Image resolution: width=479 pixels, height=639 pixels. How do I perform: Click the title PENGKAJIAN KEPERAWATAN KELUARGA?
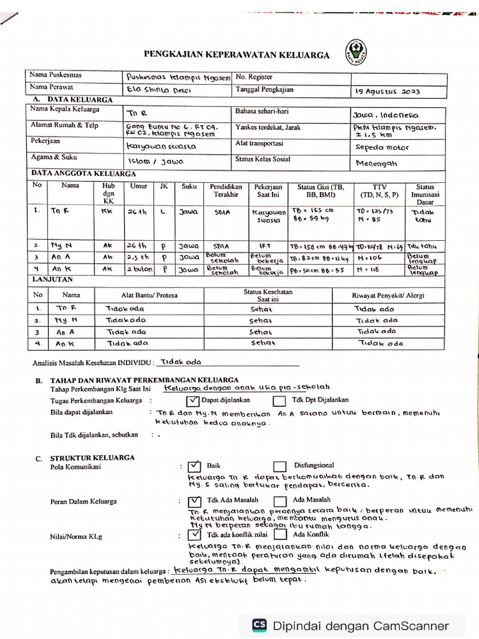point(236,55)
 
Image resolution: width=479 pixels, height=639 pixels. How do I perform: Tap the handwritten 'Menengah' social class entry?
point(375,163)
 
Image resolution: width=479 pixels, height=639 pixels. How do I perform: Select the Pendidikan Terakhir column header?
point(226,190)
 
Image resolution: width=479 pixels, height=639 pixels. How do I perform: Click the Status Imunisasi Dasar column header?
point(425,194)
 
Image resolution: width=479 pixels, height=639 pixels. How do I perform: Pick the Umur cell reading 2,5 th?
point(138,256)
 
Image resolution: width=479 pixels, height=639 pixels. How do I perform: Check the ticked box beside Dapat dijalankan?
point(193,401)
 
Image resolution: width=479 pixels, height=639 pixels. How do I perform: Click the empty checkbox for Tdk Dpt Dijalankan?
point(279,401)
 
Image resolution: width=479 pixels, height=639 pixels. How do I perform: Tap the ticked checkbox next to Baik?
point(194,466)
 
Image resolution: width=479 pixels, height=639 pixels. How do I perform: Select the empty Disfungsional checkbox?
point(280,466)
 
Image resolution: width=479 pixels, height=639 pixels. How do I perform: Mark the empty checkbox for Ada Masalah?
point(280,500)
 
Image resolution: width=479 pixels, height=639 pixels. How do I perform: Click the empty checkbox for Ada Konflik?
point(280,535)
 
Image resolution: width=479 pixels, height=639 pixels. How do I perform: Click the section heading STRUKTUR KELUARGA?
point(93,457)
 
